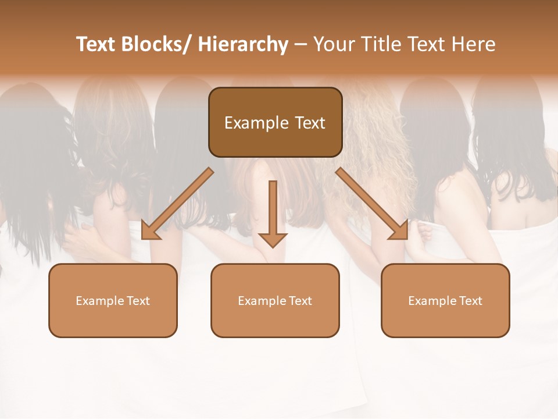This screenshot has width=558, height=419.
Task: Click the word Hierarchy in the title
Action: [244, 45]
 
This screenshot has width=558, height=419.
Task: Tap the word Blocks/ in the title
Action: [159, 45]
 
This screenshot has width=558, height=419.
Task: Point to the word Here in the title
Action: [475, 45]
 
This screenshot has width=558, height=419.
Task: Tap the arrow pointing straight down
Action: [273, 210]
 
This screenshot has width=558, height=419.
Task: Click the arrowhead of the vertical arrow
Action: [273, 240]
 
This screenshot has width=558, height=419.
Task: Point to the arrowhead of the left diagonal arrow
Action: [149, 231]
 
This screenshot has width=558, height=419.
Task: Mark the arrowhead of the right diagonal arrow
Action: [400, 231]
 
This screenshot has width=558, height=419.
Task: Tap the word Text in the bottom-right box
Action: [470, 301]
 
